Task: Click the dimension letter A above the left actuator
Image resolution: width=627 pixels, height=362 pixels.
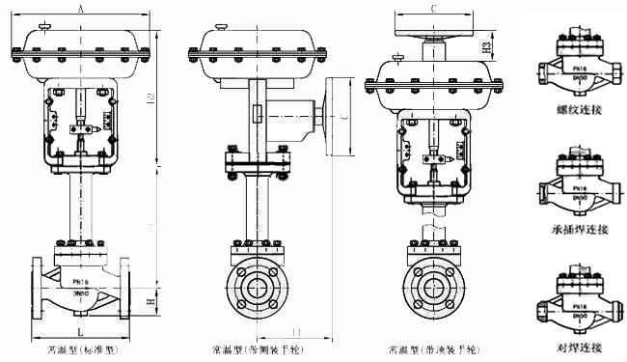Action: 80,9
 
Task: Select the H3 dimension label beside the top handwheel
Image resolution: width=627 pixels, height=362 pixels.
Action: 488,45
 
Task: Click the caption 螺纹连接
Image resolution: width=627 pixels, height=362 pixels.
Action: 578,110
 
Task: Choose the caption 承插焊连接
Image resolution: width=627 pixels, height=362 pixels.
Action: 578,229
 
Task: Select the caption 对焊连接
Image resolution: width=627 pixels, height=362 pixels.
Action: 578,346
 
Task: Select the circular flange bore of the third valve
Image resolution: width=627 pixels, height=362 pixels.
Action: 432,289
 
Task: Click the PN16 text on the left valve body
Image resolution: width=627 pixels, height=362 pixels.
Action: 83,283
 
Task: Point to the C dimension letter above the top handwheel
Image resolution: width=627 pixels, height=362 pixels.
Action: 433,9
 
